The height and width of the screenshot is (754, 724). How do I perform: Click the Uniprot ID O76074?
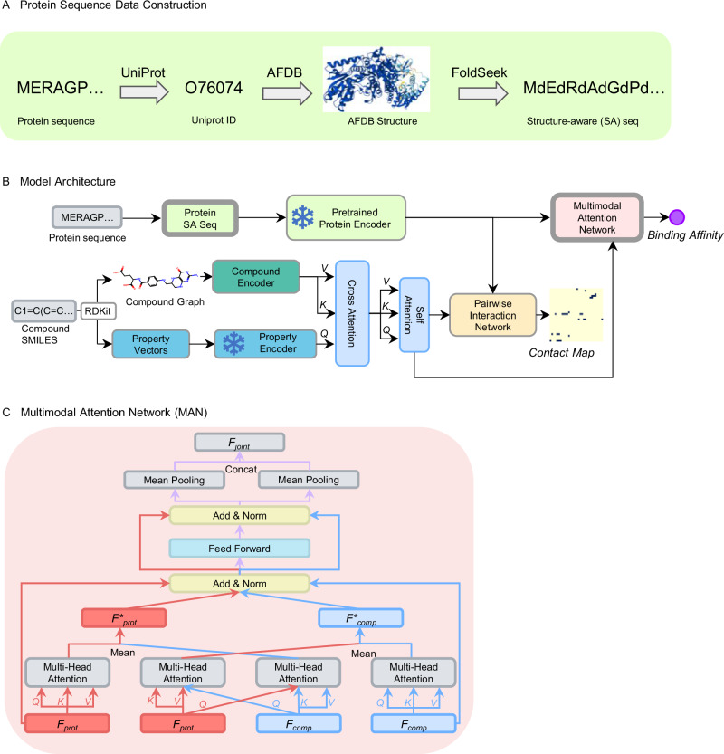point(214,88)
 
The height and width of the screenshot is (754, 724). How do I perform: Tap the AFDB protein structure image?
point(376,80)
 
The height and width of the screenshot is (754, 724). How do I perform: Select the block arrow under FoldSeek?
point(482,93)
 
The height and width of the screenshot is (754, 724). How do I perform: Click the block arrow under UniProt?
point(144,91)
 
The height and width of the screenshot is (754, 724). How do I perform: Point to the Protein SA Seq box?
point(200,218)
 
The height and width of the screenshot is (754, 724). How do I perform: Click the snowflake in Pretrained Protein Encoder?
point(303,217)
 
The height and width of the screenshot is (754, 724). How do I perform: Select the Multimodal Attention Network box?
point(597,217)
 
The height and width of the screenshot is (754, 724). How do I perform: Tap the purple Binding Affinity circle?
point(677,217)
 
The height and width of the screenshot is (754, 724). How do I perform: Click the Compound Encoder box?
point(256,277)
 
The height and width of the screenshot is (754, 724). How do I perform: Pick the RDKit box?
point(98,311)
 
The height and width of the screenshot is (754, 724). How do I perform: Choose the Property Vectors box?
point(151,344)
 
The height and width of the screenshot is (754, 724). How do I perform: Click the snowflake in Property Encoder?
point(233,344)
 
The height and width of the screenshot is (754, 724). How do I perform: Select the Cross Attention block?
point(352,313)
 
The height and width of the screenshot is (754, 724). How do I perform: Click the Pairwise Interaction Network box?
point(492,315)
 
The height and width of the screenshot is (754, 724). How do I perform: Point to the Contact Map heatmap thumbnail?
point(576,315)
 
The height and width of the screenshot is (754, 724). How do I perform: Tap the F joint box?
point(240,443)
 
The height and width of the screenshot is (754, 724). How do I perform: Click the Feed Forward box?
point(240,549)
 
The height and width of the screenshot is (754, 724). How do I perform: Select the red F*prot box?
point(124,618)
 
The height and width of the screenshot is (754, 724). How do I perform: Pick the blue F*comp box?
point(361,618)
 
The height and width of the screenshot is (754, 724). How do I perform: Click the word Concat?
point(241,469)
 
